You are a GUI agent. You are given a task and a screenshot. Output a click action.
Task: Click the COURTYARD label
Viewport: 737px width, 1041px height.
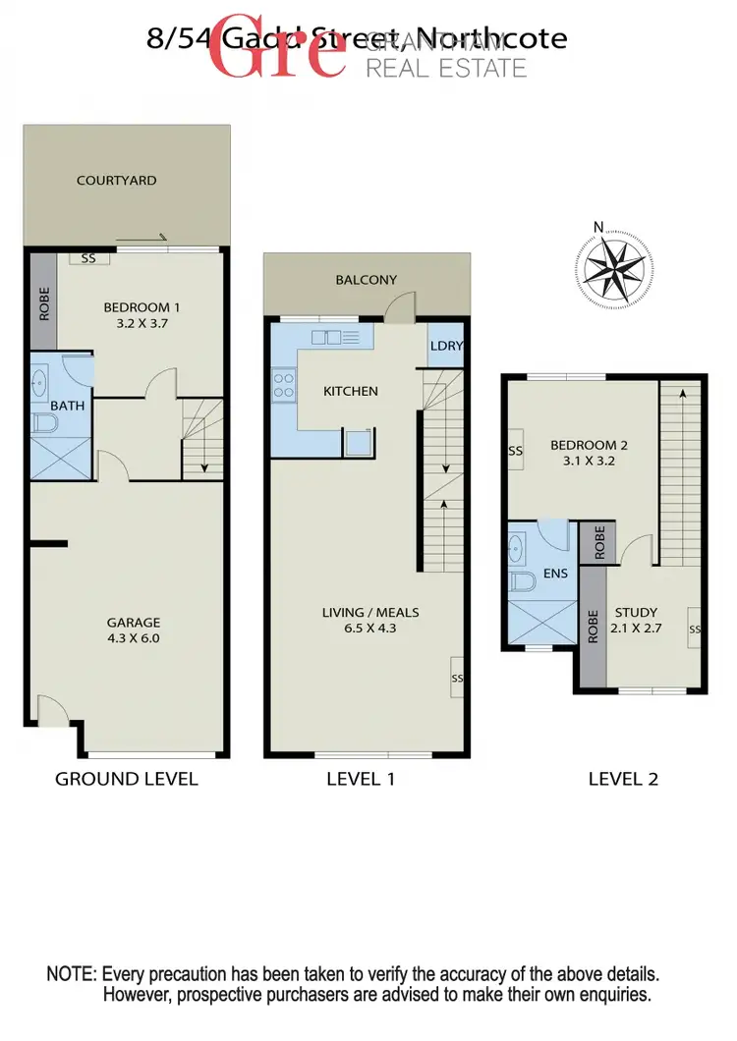tap(117, 181)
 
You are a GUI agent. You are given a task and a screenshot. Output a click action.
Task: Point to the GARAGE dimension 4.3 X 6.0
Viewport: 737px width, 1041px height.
tap(135, 637)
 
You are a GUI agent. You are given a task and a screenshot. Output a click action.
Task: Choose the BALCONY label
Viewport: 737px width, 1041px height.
tap(366, 280)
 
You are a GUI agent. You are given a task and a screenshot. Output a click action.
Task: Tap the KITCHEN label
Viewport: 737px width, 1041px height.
tap(350, 391)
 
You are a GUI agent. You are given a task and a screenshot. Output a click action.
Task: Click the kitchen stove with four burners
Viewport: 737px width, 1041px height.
tap(283, 384)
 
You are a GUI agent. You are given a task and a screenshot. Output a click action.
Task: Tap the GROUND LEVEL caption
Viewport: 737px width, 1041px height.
tap(127, 779)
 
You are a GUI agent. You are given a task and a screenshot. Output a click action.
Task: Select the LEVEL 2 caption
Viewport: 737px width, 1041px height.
tap(623, 779)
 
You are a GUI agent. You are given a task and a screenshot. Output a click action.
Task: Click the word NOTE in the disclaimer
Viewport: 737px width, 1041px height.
tap(71, 974)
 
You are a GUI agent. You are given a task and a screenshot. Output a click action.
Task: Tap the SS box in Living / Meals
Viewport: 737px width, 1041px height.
tap(456, 678)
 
